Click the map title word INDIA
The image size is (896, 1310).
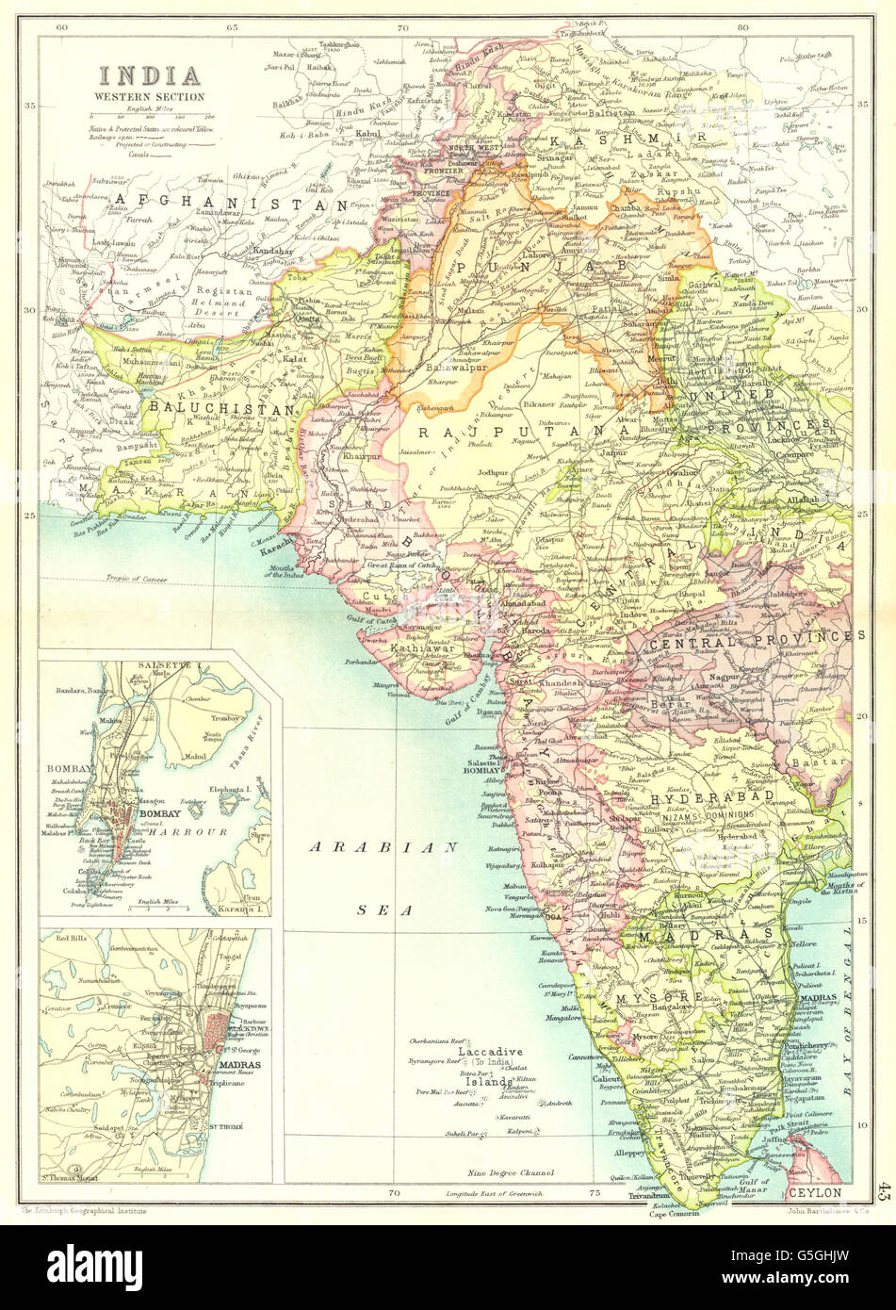point(151,74)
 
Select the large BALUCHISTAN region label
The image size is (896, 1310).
point(218,410)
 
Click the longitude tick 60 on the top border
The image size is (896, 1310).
point(62,27)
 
